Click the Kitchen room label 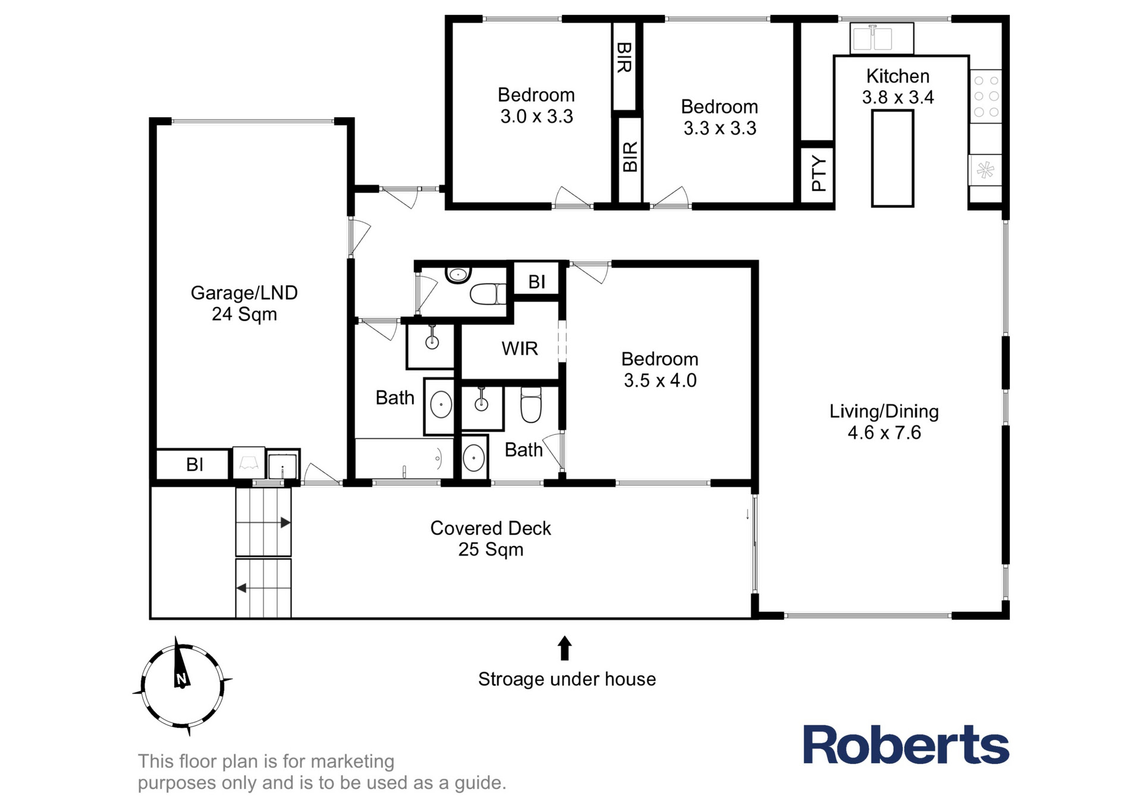click(898, 76)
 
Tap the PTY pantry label click(819, 173)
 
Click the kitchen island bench click(892, 158)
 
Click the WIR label click(519, 348)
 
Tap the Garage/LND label click(244, 293)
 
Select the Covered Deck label click(491, 528)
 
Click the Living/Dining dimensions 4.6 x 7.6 click(884, 433)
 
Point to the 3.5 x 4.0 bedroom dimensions click(660, 380)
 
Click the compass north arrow click(180, 663)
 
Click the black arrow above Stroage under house click(564, 648)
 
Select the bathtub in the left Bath click(404, 458)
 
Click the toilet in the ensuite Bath click(531, 405)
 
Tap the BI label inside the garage click(195, 464)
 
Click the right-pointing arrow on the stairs click(285, 522)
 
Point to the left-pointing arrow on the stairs click(241, 588)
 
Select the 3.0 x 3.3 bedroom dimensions click(537, 116)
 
